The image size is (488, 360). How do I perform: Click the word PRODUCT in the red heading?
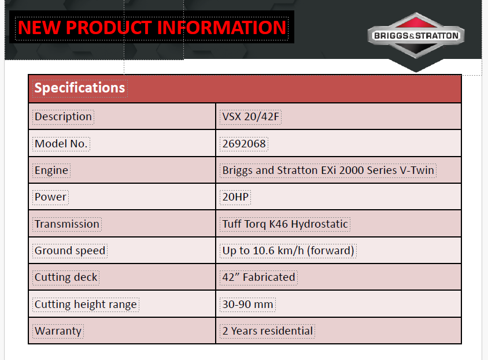click(x=109, y=27)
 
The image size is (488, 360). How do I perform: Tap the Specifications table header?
click(x=80, y=88)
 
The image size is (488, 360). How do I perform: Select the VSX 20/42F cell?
click(x=250, y=117)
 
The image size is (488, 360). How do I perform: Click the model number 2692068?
click(x=244, y=144)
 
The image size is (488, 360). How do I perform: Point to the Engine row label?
click(x=51, y=170)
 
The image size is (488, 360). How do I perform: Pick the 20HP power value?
click(x=235, y=197)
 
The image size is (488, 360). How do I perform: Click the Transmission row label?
click(x=67, y=224)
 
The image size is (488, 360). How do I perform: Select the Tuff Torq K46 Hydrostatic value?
click(x=285, y=224)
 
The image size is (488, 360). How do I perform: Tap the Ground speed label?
click(x=70, y=251)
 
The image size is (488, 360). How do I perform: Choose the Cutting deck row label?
click(x=66, y=277)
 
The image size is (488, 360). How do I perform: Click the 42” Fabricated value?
click(x=258, y=277)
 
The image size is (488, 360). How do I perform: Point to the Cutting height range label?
click(x=86, y=305)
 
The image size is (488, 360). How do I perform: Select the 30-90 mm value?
click(x=247, y=305)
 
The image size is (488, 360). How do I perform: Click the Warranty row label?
click(x=58, y=331)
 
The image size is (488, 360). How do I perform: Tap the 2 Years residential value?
click(x=268, y=331)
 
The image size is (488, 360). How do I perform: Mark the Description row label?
click(x=63, y=117)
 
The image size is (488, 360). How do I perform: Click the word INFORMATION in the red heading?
click(x=221, y=27)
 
